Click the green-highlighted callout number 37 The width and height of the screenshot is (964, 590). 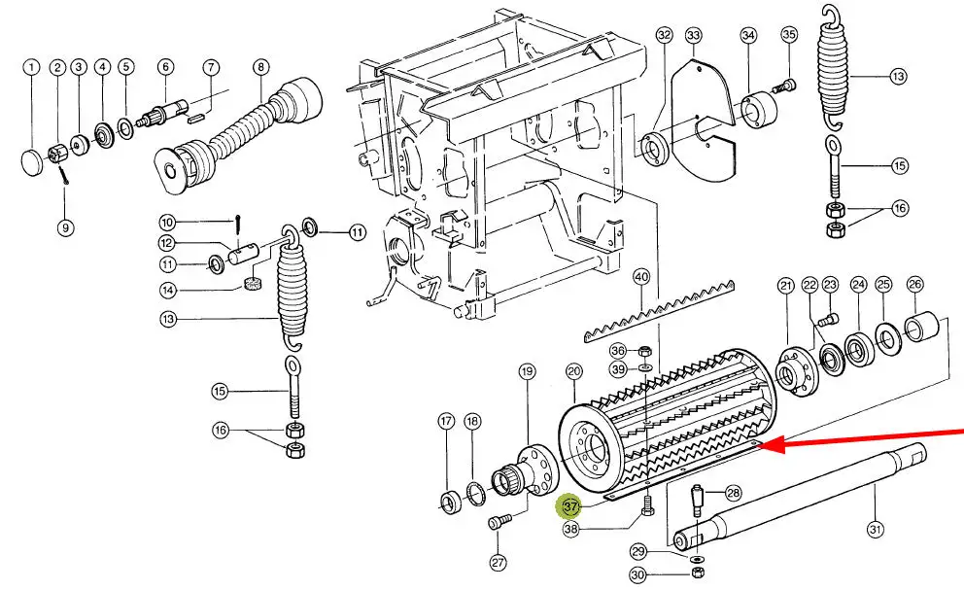pos(569,506)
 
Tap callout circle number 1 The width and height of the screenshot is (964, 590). pos(32,67)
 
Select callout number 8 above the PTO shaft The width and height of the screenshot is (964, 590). pos(260,67)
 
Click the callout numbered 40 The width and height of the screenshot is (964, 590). pos(640,277)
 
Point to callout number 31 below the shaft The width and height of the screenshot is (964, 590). pos(876,529)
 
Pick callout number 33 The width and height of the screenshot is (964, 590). pos(693,37)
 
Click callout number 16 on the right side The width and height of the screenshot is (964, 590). pos(900,208)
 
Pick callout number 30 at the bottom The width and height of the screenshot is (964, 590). pos(637,575)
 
